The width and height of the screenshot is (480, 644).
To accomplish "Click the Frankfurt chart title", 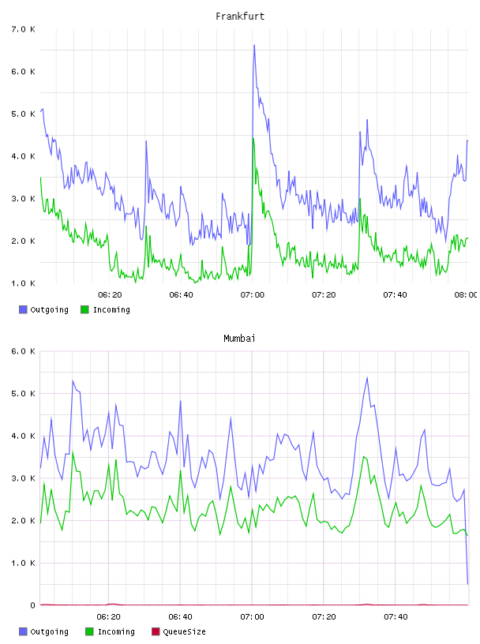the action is pos(240,17).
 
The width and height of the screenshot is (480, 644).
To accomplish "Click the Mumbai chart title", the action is pos(239,339).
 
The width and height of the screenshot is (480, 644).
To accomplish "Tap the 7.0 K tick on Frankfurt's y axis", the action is pos(23,29).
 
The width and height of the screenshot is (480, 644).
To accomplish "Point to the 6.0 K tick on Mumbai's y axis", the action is pos(23,351).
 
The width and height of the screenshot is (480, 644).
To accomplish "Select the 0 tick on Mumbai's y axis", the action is pos(32,605).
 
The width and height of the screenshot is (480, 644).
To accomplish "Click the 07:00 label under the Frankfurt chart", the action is pos(253,294).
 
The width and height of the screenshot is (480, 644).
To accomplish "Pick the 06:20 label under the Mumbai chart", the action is pos(109,616).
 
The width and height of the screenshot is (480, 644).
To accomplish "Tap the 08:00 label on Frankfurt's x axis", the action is pos(466,294).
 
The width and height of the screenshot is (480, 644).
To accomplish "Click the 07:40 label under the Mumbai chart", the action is pos(396,616).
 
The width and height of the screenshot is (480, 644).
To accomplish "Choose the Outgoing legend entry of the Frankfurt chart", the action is pos(43,309).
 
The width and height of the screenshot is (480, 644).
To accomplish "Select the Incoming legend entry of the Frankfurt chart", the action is pos(105,309).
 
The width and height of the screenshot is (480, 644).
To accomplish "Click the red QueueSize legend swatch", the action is pos(156,631).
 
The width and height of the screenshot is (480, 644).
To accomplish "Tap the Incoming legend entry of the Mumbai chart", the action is pos(110,631).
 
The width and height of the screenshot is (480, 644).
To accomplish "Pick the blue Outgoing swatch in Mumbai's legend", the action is pos(23,631).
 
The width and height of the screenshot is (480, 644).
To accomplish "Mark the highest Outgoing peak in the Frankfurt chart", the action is pos(254,45).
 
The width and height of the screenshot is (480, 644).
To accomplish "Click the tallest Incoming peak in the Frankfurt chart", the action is pos(253,138).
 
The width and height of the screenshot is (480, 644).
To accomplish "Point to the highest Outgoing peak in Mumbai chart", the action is pos(367,377).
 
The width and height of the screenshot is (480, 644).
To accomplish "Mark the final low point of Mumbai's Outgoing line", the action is pos(467,584).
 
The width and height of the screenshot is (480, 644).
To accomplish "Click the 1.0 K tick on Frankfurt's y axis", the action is pos(23,283).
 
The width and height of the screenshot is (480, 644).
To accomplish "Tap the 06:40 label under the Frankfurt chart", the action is pos(182,294).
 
